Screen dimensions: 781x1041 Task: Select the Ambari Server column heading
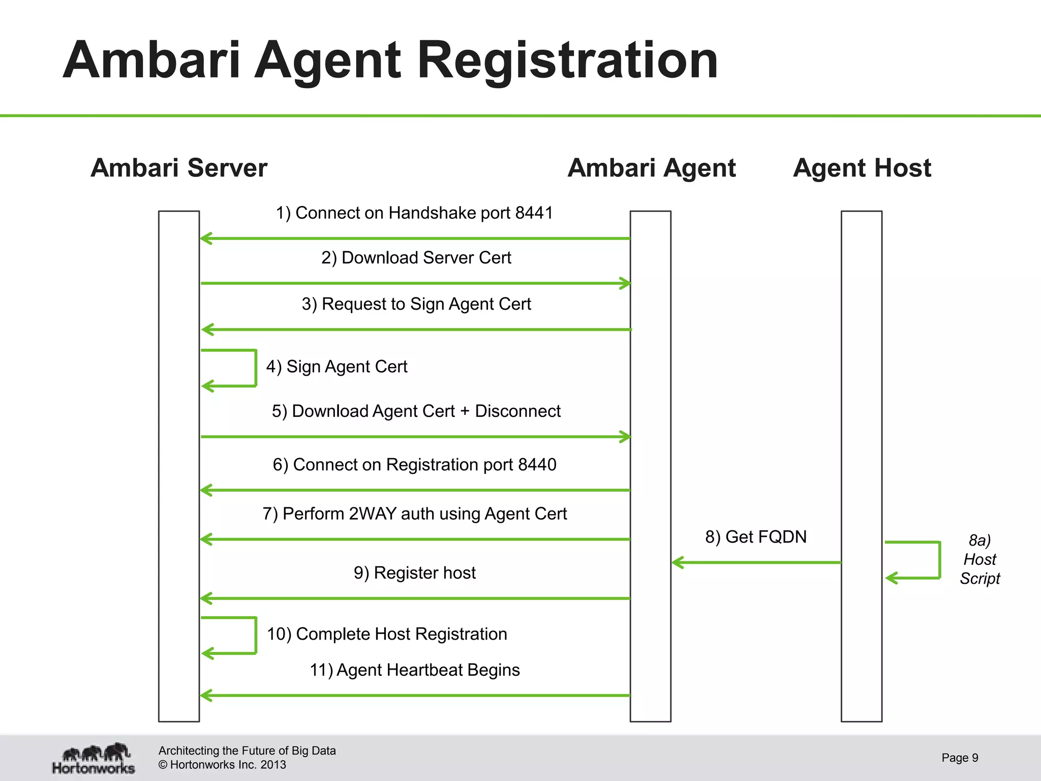point(179,168)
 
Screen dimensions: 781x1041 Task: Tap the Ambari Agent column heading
point(652,168)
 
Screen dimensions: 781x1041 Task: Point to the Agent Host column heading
point(862,168)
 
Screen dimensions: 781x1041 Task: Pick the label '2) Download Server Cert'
point(416,258)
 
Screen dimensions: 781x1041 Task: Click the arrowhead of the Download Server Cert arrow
point(625,283)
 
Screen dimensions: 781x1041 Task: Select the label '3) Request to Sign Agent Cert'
point(416,304)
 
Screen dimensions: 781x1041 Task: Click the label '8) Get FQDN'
point(756,537)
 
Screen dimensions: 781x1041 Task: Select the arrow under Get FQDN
point(756,562)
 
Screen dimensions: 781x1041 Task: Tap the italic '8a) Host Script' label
point(979,559)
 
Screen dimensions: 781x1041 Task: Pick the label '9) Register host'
point(415,573)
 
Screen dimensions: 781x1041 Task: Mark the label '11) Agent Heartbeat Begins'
point(415,670)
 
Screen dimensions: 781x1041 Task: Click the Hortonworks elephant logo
point(95,758)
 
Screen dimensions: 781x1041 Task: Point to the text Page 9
point(960,758)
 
